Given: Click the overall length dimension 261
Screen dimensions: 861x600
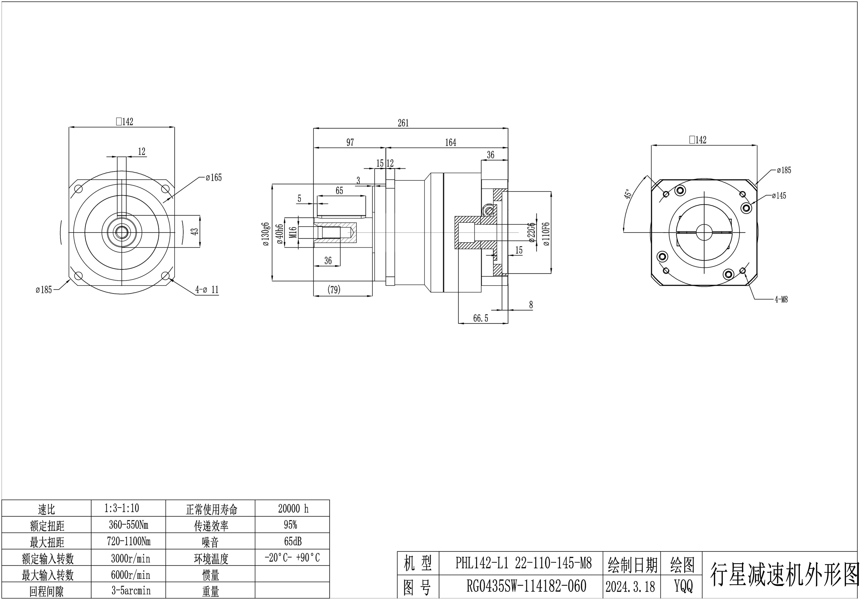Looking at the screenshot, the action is coord(403,123).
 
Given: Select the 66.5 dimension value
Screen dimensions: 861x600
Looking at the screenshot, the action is coord(480,318).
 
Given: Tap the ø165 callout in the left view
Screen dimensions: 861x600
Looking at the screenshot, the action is coord(214,177).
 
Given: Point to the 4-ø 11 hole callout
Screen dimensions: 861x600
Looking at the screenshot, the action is coord(207,290).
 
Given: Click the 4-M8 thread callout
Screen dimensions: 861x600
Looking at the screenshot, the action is coord(781,299).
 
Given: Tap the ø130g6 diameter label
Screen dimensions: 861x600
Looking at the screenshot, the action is coord(266,234).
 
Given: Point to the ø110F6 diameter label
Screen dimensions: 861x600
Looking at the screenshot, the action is coord(546,234).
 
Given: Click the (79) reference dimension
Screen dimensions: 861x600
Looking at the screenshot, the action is coord(334,290).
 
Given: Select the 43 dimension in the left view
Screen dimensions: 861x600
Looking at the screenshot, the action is coord(195,232).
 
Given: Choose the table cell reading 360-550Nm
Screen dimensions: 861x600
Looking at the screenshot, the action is coord(129,525).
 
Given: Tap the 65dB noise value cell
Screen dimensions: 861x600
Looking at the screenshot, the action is coord(293,541).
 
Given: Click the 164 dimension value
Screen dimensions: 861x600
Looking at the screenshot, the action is coord(451,143).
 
